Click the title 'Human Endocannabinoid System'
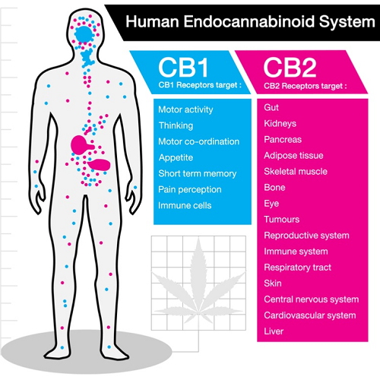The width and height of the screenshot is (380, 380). coord(250,21)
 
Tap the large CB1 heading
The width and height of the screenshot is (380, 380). coord(183,68)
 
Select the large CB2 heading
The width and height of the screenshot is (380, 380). coord(290,68)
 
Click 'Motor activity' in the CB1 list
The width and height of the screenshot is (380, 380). coord(185,109)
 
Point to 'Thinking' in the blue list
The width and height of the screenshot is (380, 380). coord(176,125)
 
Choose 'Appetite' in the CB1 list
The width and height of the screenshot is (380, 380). coord(176,157)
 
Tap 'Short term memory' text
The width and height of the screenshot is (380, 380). coord(198,173)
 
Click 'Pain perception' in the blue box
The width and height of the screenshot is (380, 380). coord(190,189)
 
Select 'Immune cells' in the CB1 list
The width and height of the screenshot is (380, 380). coord(185,205)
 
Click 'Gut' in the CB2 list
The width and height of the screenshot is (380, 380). coord(271,107)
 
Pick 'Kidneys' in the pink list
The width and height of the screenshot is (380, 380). coord(280,124)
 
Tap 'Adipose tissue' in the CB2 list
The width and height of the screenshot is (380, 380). coord(293,155)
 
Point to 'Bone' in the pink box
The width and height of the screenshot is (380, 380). coord(274,188)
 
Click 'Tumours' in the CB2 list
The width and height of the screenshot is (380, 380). coord(282,220)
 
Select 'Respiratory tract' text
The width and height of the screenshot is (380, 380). coord(297,268)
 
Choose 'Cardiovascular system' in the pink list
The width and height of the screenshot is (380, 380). coord(310,315)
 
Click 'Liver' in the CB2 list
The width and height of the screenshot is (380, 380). coord(274,331)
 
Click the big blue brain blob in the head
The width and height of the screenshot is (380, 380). coord(84,34)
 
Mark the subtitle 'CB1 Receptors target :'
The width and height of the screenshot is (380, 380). coord(200,85)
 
